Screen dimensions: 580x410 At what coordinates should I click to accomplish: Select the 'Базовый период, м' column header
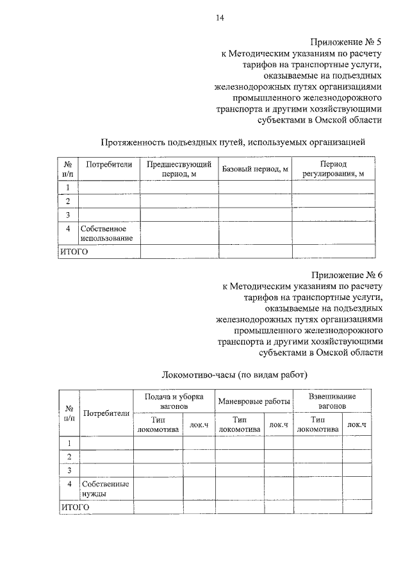(256, 169)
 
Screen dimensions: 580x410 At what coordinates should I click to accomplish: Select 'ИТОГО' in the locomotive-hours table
(75, 507)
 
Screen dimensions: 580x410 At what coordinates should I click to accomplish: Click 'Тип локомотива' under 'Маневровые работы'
(239, 424)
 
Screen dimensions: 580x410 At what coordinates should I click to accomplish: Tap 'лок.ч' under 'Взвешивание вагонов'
(356, 424)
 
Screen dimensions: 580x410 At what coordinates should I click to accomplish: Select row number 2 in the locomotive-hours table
(69, 456)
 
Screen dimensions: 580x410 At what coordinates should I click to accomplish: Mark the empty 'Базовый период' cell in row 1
(256, 187)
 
